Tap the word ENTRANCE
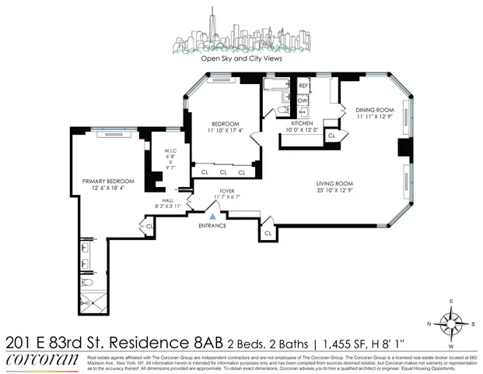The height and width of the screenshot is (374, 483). click(x=212, y=226)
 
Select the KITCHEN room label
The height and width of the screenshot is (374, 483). click(x=302, y=124)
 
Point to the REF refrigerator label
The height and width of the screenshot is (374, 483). click(x=304, y=86)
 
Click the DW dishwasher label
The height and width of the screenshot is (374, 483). click(x=304, y=101)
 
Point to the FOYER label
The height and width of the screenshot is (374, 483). click(x=227, y=189)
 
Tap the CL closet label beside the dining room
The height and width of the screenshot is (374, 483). click(x=331, y=136)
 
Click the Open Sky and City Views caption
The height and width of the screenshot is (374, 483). click(x=240, y=58)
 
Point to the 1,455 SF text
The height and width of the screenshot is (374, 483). click(x=394, y=341)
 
